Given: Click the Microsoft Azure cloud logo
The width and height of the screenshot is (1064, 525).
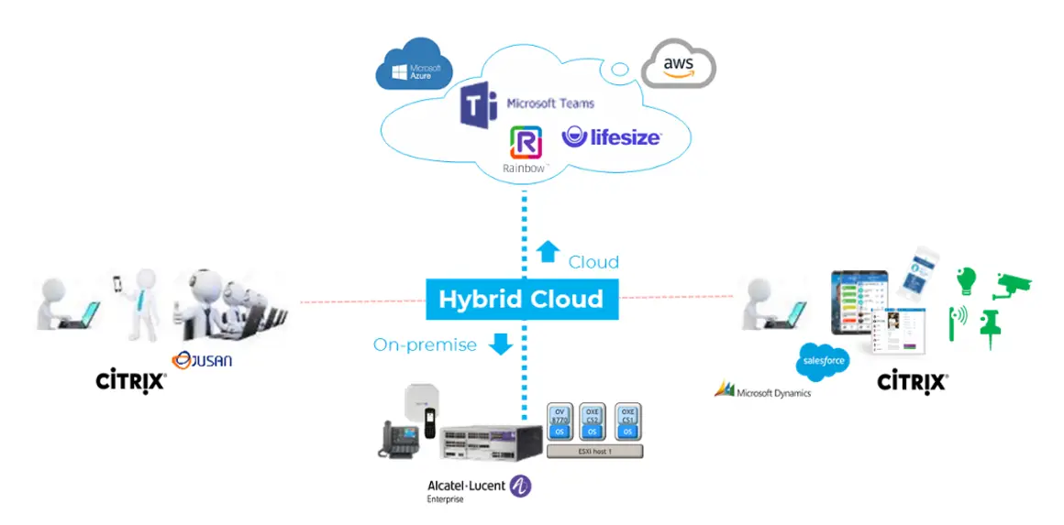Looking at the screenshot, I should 409,64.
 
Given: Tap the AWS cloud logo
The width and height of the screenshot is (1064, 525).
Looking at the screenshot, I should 677,64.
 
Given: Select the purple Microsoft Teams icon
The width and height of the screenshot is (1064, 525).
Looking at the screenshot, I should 479,104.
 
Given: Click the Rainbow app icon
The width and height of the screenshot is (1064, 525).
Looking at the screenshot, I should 526,144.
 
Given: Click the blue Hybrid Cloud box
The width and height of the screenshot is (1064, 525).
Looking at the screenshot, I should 521,299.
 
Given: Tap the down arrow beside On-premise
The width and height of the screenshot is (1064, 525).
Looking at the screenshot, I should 500,344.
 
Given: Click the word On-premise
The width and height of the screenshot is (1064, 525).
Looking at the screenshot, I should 425,345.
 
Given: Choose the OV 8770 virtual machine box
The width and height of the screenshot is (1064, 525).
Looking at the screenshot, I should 560,422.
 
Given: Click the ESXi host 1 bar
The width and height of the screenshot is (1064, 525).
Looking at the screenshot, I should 594,451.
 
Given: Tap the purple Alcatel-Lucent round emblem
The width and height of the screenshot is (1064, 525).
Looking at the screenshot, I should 520,486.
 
